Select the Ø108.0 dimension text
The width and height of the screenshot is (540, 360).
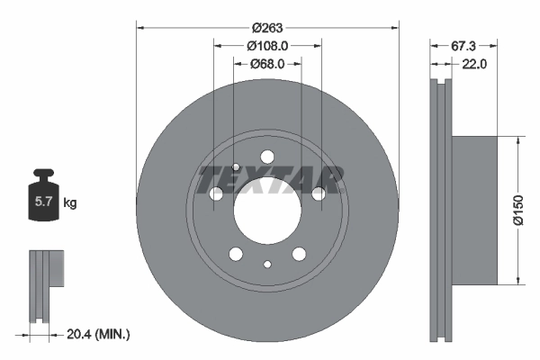(267, 46)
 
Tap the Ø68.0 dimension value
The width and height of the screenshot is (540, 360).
(267, 64)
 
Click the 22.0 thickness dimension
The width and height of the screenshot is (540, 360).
(474, 64)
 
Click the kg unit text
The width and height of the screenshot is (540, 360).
(70, 204)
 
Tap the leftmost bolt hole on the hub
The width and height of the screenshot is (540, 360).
(216, 193)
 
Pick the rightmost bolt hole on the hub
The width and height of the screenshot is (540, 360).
(319, 193)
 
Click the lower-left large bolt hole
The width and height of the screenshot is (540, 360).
(236, 254)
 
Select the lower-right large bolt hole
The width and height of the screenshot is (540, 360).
(299, 254)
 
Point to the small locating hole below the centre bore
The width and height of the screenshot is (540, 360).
(267, 264)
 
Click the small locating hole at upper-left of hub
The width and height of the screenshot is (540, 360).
(236, 166)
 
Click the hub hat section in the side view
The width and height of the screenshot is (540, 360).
(472, 210)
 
